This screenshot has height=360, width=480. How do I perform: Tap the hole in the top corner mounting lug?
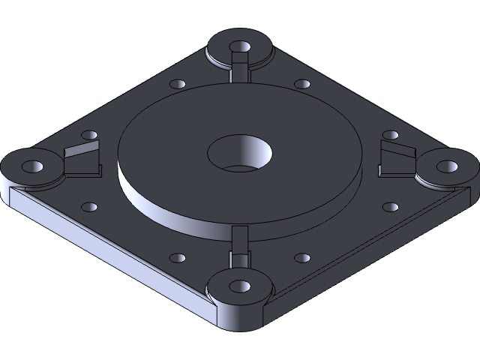240,45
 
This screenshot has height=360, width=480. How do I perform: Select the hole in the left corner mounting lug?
31,165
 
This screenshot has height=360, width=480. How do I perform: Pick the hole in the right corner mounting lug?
448,166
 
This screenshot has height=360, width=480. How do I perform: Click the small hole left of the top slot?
178,83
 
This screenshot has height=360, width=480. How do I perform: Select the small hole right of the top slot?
302,83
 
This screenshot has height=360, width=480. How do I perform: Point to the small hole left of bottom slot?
178,258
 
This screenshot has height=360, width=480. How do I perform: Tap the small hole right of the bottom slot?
302,258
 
